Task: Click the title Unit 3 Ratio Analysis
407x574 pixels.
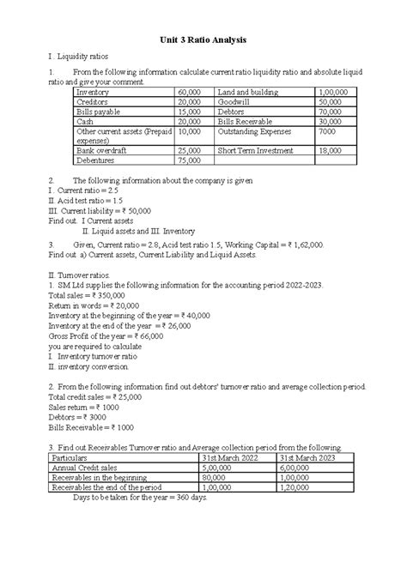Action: pyautogui.click(x=203, y=39)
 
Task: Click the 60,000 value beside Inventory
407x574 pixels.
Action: pyautogui.click(x=191, y=91)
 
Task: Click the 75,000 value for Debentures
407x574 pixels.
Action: pyautogui.click(x=191, y=160)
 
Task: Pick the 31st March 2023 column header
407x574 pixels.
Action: pyautogui.click(x=307, y=457)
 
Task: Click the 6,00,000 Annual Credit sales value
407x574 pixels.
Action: pyautogui.click(x=296, y=468)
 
